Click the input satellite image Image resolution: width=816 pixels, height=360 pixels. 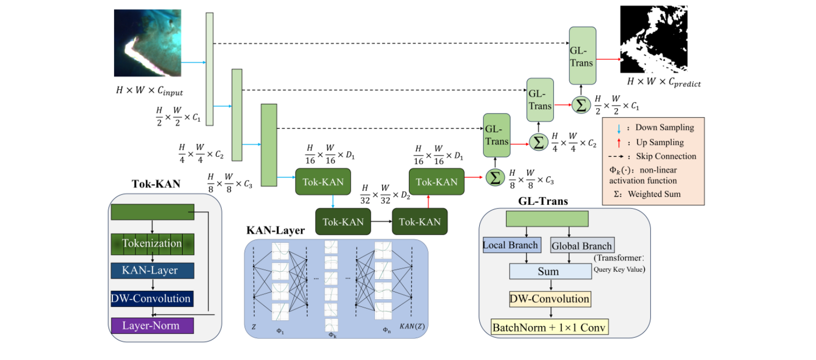[x=148, y=43]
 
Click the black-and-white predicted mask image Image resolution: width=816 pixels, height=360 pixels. [x=654, y=39]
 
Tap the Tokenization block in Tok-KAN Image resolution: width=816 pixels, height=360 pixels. [x=152, y=243]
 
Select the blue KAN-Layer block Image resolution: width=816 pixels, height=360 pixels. [x=152, y=270]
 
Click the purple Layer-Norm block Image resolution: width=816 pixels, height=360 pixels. [x=152, y=325]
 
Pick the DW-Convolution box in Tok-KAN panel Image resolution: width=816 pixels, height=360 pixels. [x=152, y=299]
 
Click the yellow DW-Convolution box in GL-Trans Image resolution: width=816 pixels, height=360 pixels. [x=550, y=299]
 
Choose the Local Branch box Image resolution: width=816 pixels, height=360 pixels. [x=511, y=245]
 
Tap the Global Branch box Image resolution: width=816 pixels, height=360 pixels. [x=582, y=246]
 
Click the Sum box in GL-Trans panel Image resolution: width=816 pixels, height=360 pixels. [x=550, y=271]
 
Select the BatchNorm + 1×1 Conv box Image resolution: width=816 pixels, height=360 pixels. [x=549, y=328]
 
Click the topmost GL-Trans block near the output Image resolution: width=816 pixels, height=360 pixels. [x=582, y=56]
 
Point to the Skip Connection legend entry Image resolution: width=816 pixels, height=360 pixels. [x=665, y=156]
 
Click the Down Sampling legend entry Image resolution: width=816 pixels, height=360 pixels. [x=664, y=127]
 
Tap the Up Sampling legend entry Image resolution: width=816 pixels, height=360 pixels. [x=659, y=142]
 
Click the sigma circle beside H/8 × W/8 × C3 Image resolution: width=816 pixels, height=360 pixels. [x=495, y=178]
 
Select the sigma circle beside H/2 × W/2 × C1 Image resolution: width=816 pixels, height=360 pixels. [x=581, y=105]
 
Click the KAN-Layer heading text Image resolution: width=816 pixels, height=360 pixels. [x=275, y=230]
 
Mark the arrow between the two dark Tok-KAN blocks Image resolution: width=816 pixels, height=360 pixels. [x=381, y=222]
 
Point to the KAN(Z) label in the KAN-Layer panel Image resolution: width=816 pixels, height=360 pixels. [x=412, y=326]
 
